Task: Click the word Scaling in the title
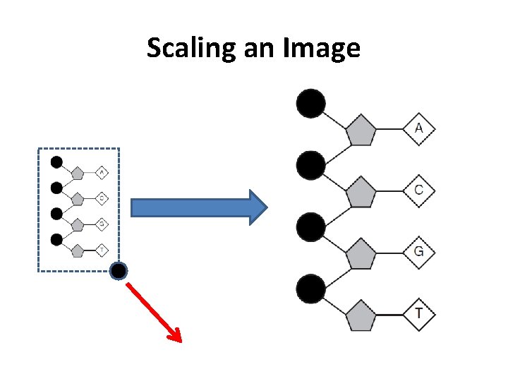[x=186, y=48]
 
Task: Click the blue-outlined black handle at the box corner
[x=119, y=271]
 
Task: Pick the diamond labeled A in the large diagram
[x=419, y=128]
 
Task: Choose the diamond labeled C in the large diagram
[x=419, y=190]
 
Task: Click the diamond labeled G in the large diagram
[x=419, y=252]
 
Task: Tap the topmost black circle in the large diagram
[x=310, y=104]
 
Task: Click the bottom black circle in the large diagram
[x=310, y=289]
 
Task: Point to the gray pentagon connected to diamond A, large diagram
[x=361, y=131]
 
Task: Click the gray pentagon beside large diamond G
[x=361, y=254]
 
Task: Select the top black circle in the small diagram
[x=56, y=162]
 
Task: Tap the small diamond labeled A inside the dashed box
[x=101, y=172]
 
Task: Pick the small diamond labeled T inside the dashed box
[x=101, y=250]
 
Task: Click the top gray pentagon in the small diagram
[x=78, y=173]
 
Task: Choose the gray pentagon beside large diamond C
[x=361, y=192]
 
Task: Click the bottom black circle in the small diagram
[x=56, y=239]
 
